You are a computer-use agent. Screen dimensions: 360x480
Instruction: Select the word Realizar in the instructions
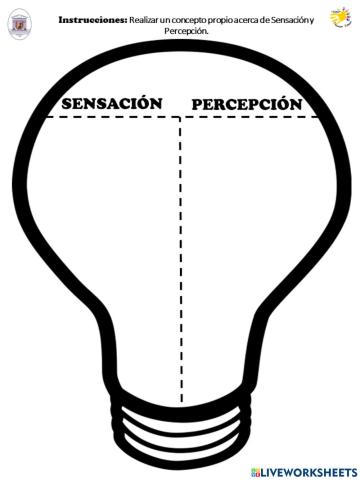pos(146,20)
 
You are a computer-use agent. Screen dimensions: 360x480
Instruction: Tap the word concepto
pos(196,20)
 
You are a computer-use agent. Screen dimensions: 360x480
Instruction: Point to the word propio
pos(233,20)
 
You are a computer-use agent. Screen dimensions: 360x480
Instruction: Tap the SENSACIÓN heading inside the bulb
pos(111,103)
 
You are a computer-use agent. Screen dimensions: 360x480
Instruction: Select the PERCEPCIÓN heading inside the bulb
pos(246,104)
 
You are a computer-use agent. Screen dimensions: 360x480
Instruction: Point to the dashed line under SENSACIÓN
pos(110,117)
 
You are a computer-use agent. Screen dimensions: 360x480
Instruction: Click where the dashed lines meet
pos(181,117)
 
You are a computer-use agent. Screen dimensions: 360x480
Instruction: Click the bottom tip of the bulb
pos(181,451)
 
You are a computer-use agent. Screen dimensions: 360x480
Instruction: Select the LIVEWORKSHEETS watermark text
pos(312,470)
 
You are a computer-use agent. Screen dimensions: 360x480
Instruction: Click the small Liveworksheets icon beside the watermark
pos(257,470)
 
